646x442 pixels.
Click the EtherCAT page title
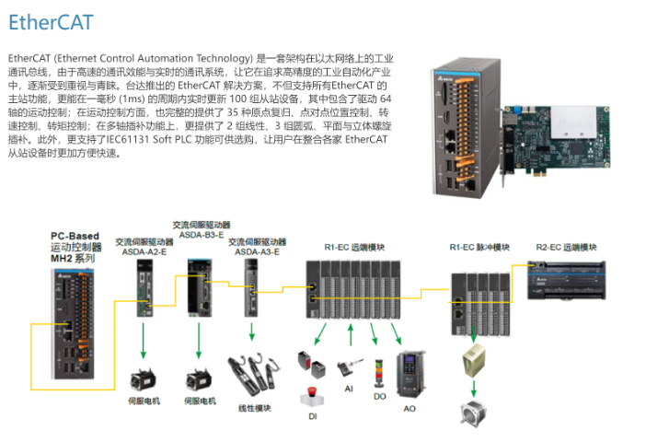tap(51, 21)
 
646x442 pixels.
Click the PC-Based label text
tap(75, 237)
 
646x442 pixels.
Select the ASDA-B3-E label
tap(201, 234)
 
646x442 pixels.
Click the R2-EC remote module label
tap(567, 248)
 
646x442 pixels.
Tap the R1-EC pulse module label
tap(479, 248)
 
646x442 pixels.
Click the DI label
tap(312, 416)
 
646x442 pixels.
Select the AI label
tap(349, 389)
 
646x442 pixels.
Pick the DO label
tap(380, 396)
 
